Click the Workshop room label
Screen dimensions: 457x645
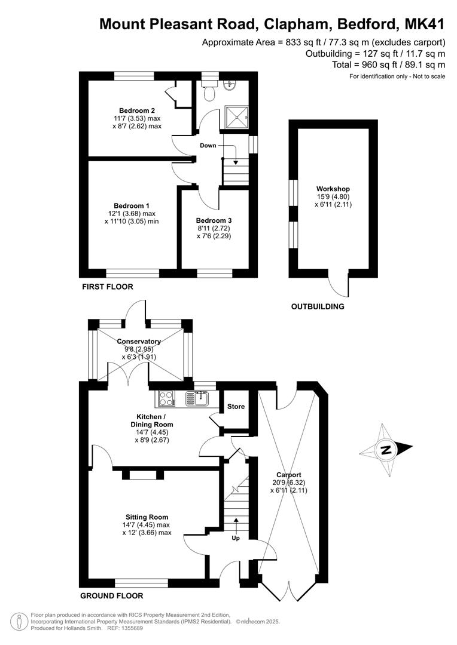tap(333, 189)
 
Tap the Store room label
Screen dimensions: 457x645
tap(236, 407)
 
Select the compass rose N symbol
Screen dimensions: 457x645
tap(386, 450)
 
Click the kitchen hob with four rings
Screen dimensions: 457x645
tap(166, 398)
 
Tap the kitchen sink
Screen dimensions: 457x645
tap(198, 398)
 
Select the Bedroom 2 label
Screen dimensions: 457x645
tap(137, 110)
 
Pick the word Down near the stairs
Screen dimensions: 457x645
tap(208, 145)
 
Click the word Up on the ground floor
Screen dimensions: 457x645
tap(236, 538)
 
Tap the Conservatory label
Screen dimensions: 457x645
tap(139, 342)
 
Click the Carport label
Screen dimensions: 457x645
tap(288, 475)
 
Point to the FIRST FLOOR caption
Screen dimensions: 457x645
tap(108, 287)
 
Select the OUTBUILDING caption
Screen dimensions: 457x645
tap(318, 306)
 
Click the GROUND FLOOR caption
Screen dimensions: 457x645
tap(112, 595)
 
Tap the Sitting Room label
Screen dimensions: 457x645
tap(147, 517)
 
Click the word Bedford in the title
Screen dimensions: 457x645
tap(368, 24)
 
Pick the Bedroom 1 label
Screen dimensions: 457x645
tap(132, 205)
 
